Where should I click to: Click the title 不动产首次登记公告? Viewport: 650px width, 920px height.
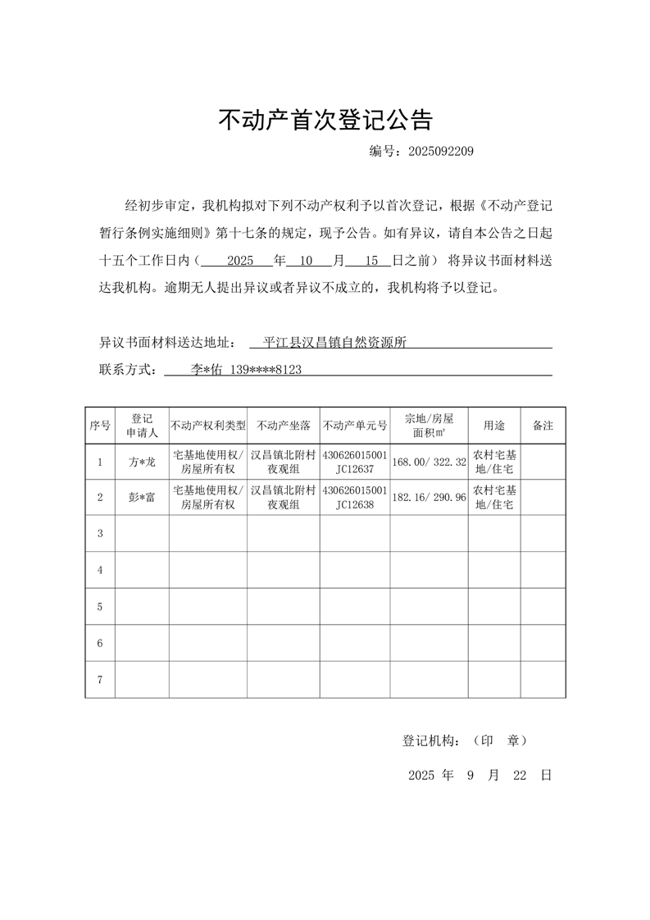click(325, 121)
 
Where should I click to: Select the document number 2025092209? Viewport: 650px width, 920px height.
click(440, 152)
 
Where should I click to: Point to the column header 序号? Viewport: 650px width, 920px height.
click(100, 426)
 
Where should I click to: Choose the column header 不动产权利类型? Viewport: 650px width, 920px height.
click(208, 426)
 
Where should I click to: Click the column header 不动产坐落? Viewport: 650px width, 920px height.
click(284, 426)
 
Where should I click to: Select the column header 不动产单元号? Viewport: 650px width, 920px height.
click(355, 426)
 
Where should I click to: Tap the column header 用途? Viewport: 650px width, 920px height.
click(494, 426)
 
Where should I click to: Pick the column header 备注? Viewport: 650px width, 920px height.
click(543, 426)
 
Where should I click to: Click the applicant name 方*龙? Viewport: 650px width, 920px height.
click(142, 462)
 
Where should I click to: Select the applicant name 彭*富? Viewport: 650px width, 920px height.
click(142, 497)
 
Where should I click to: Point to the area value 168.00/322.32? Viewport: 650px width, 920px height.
click(429, 462)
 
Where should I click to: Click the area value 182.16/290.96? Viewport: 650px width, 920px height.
click(429, 497)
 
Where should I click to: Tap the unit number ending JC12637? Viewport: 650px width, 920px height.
click(355, 470)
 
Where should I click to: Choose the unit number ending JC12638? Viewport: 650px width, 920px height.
click(355, 504)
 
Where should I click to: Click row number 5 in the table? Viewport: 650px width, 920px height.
click(100, 607)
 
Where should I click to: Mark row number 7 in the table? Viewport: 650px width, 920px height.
click(100, 680)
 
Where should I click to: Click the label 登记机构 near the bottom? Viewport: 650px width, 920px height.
click(431, 740)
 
